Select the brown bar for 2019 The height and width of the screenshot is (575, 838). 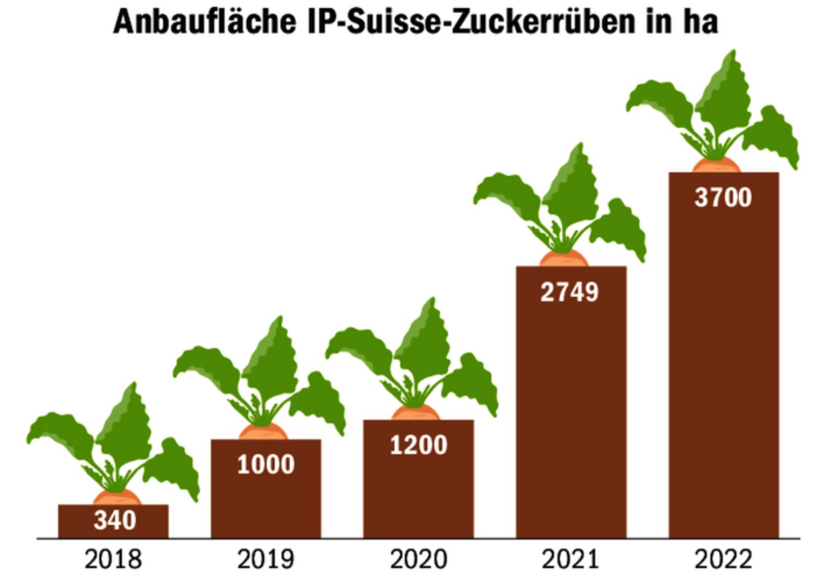266,503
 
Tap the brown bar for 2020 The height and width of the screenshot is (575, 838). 418,491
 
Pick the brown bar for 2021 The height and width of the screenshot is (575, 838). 571,419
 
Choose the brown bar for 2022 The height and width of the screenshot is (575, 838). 724,371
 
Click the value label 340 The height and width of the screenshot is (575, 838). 115,521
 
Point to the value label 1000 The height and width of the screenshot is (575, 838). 266,465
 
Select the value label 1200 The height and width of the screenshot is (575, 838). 418,445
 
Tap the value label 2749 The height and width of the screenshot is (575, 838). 569,292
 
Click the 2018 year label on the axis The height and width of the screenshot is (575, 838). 113,559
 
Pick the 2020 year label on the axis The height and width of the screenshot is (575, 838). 418,559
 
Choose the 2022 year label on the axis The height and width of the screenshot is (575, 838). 723,559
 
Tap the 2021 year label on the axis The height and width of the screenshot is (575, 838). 570,559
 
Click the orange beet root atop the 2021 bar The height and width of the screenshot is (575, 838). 564,259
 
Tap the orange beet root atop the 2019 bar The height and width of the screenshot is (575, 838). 263,432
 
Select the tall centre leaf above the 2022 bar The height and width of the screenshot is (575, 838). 725,96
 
